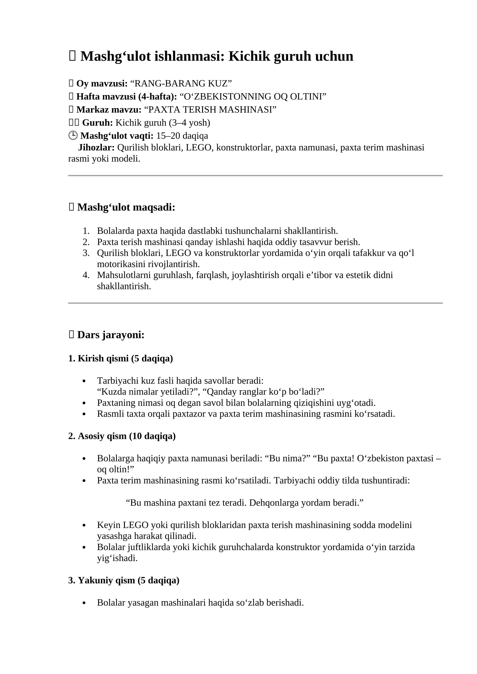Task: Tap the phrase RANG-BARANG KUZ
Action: (181, 83)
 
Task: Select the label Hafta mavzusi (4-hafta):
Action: (127, 97)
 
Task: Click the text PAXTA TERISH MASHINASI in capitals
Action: (210, 110)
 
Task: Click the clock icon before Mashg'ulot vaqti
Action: (73, 136)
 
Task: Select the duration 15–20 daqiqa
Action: (182, 136)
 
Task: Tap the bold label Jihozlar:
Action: (96, 147)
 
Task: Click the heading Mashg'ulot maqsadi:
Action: (126, 207)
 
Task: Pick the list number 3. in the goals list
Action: (86, 253)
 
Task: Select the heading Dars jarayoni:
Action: (111, 335)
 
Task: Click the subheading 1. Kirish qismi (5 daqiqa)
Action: (121, 358)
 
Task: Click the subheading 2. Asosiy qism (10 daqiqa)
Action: (122, 436)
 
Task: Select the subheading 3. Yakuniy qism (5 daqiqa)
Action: (124, 580)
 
